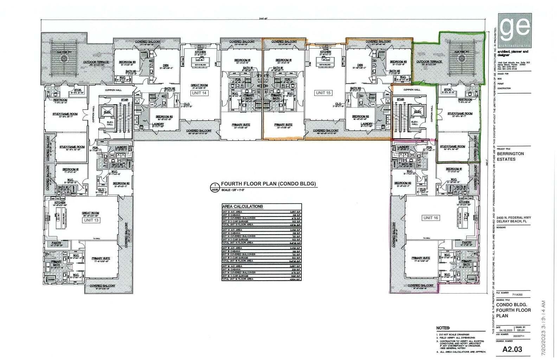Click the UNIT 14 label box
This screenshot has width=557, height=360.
(199, 93)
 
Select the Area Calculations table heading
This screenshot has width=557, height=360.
(243, 206)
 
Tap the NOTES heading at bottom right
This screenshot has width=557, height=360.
(442, 328)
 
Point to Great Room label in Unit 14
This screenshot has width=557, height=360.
(199, 85)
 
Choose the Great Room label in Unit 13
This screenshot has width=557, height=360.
(91, 213)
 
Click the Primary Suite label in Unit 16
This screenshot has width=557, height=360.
(421, 258)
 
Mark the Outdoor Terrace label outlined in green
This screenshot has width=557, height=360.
(429, 62)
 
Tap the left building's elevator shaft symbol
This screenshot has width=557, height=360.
(107, 112)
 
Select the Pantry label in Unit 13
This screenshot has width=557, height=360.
(56, 243)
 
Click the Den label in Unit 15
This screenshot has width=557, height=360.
(360, 65)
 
